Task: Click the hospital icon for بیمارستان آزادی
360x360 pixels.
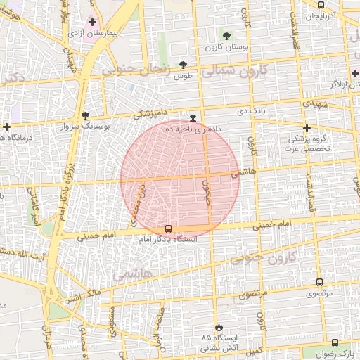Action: click(x=92, y=22)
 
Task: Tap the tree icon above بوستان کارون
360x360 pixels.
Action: click(x=226, y=36)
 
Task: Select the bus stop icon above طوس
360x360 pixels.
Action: click(x=184, y=64)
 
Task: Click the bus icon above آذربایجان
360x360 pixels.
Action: click(x=321, y=4)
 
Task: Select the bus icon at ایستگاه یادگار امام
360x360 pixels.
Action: click(x=168, y=229)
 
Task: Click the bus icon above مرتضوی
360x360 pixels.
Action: click(x=320, y=283)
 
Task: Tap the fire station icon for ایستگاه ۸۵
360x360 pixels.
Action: click(x=219, y=328)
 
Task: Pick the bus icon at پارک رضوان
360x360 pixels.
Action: click(x=334, y=342)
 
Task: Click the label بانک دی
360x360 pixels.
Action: click(x=233, y=111)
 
